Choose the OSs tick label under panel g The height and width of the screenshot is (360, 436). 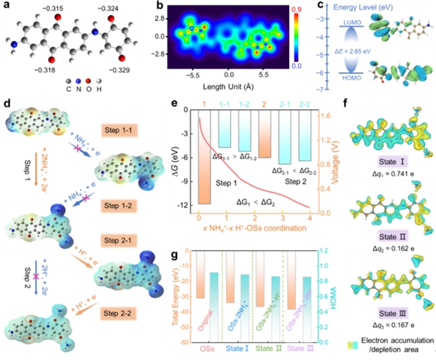click(x=203, y=349)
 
